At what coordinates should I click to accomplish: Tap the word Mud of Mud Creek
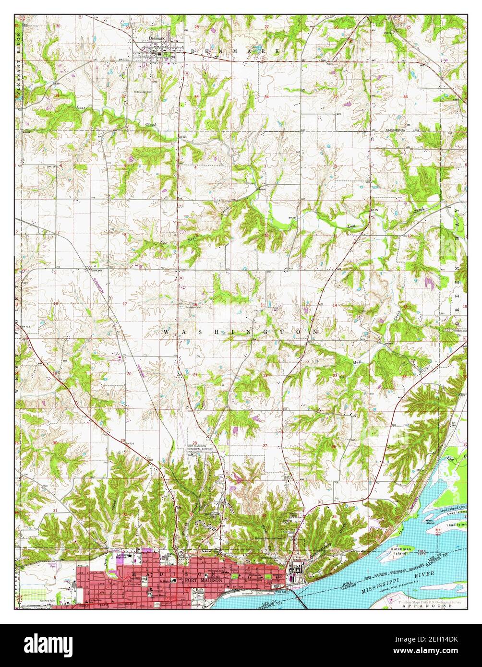point(357,362)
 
